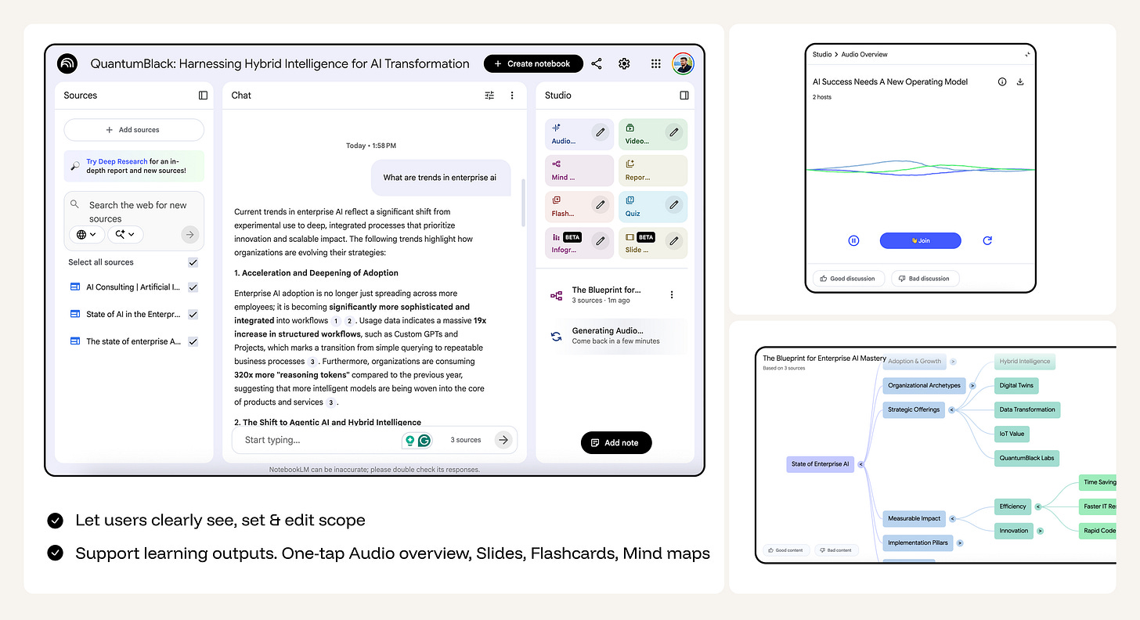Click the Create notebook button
[x=533, y=63]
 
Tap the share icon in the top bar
[x=597, y=63]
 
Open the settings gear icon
[x=624, y=63]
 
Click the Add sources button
[x=134, y=130]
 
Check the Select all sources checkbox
[x=193, y=262]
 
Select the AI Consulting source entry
[x=132, y=287]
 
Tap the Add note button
[x=615, y=442]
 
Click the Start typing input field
[x=313, y=440]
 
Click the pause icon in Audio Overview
[x=853, y=240]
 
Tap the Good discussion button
[x=849, y=278]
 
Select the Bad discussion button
[x=925, y=278]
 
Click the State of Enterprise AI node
[x=820, y=464]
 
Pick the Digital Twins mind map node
[x=1016, y=385]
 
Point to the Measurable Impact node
[x=914, y=518]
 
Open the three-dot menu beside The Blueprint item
[x=671, y=295]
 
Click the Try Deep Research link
[x=117, y=161]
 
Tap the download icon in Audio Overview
[x=1020, y=81]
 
